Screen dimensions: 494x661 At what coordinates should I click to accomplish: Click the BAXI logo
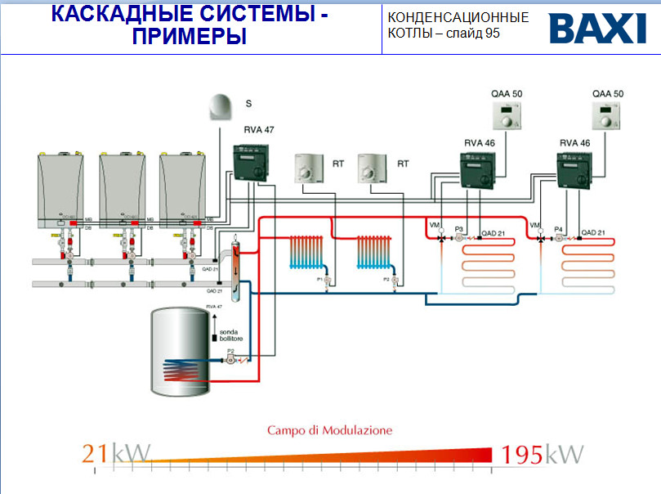coord(597,28)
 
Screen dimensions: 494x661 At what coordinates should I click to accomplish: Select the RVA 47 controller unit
coord(251,161)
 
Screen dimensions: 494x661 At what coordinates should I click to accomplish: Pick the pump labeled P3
coord(458,238)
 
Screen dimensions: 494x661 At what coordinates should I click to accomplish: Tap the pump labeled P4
coord(559,238)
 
